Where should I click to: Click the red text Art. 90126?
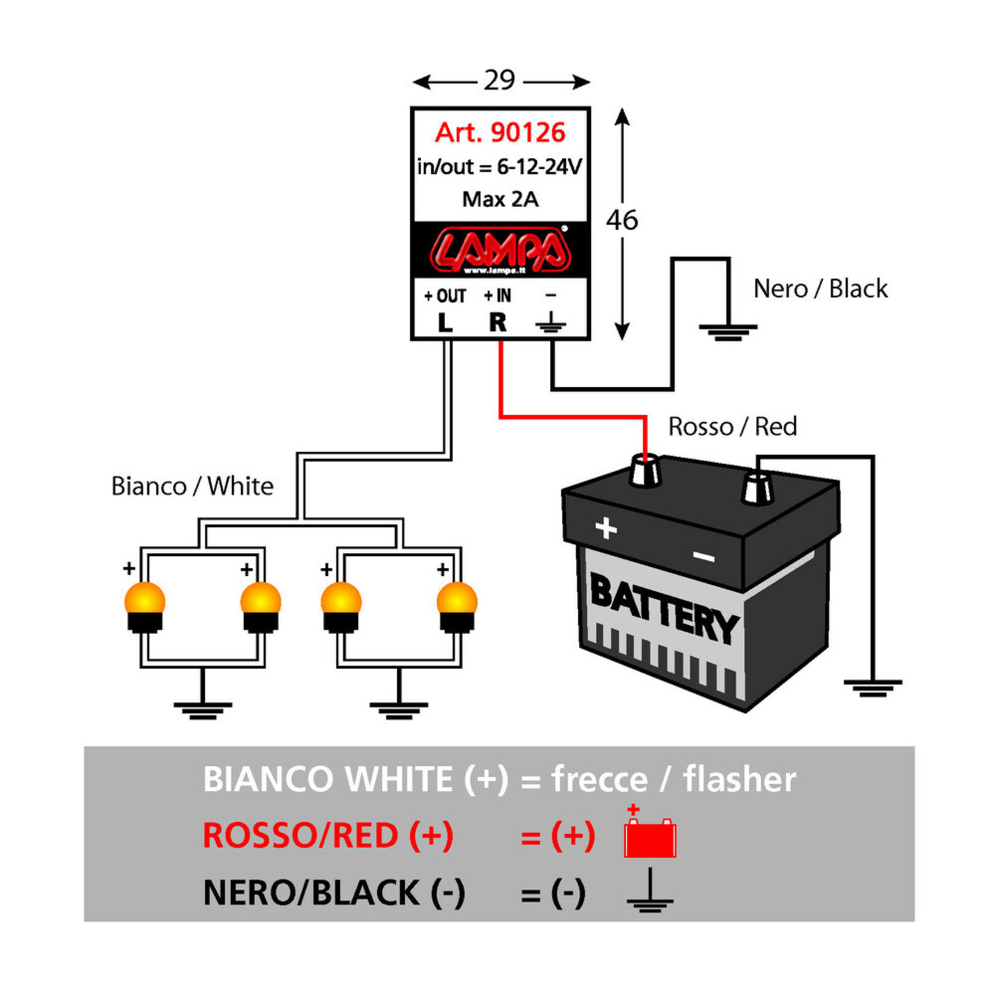pos(500,133)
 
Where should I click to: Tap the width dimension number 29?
pos(499,80)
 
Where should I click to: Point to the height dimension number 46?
pos(622,220)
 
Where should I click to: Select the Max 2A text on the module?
pos(500,199)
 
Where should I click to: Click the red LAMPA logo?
pos(500,249)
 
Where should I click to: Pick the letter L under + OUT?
pos(444,323)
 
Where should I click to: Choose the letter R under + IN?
pos(497,323)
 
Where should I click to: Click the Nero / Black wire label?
pos(820,289)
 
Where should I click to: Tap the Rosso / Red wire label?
pos(732,427)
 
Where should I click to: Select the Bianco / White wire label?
pos(192,486)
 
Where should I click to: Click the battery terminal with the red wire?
pos(644,472)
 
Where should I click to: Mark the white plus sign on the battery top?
pos(606,528)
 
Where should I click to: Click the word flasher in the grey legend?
pos(739,779)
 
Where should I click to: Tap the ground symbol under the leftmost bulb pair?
pos(202,710)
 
